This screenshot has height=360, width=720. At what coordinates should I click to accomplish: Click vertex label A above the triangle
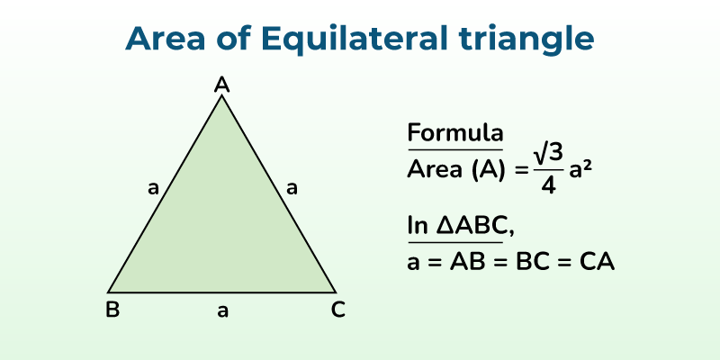pos(222,85)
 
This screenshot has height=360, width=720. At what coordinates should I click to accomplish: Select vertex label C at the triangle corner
pos(337,310)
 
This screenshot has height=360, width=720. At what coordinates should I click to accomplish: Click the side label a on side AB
pos(153,188)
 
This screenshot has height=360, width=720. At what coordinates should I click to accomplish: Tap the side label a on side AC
pos(291,188)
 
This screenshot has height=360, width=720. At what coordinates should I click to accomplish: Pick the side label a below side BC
pos(222,311)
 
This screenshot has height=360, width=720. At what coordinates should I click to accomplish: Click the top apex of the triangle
pos(222,95)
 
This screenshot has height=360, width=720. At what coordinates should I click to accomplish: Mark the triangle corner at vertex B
pos(109,292)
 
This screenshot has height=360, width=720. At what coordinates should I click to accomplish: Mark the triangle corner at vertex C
pos(336,292)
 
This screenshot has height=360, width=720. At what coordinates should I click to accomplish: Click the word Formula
pos(454,133)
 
